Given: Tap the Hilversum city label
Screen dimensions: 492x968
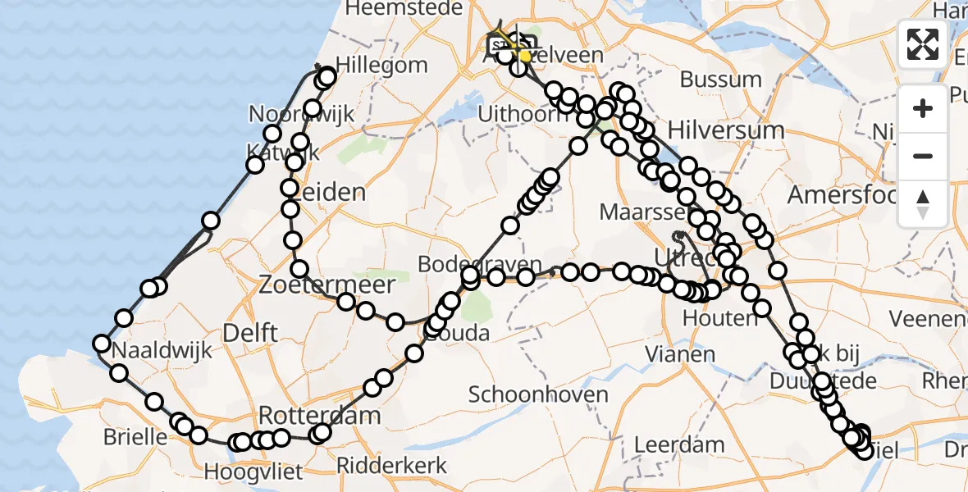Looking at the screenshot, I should [x=726, y=130].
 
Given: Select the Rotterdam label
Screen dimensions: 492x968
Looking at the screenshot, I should [x=320, y=415].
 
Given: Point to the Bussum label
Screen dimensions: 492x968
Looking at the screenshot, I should [x=720, y=80].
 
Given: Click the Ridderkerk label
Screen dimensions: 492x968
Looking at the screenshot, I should [x=397, y=466].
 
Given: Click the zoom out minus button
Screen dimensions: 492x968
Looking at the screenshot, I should [x=923, y=156].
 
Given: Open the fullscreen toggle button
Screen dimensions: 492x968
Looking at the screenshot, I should [x=923, y=43].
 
